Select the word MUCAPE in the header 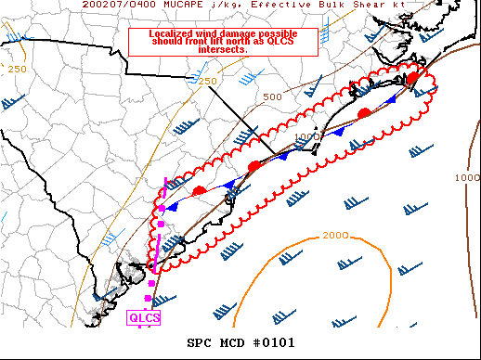click(172, 5)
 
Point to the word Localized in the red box click(175, 33)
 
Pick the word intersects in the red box click(223, 48)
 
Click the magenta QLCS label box click(144, 318)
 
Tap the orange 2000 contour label click(335, 235)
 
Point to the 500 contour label click(272, 97)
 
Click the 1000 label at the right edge click(467, 177)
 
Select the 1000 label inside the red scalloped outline click(306, 137)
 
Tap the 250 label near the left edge click(17, 70)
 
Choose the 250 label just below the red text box click(207, 82)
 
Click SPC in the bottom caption click(201, 342)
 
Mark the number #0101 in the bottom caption click(274, 342)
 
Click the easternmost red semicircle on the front click(411, 79)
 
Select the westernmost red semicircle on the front click(199, 190)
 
